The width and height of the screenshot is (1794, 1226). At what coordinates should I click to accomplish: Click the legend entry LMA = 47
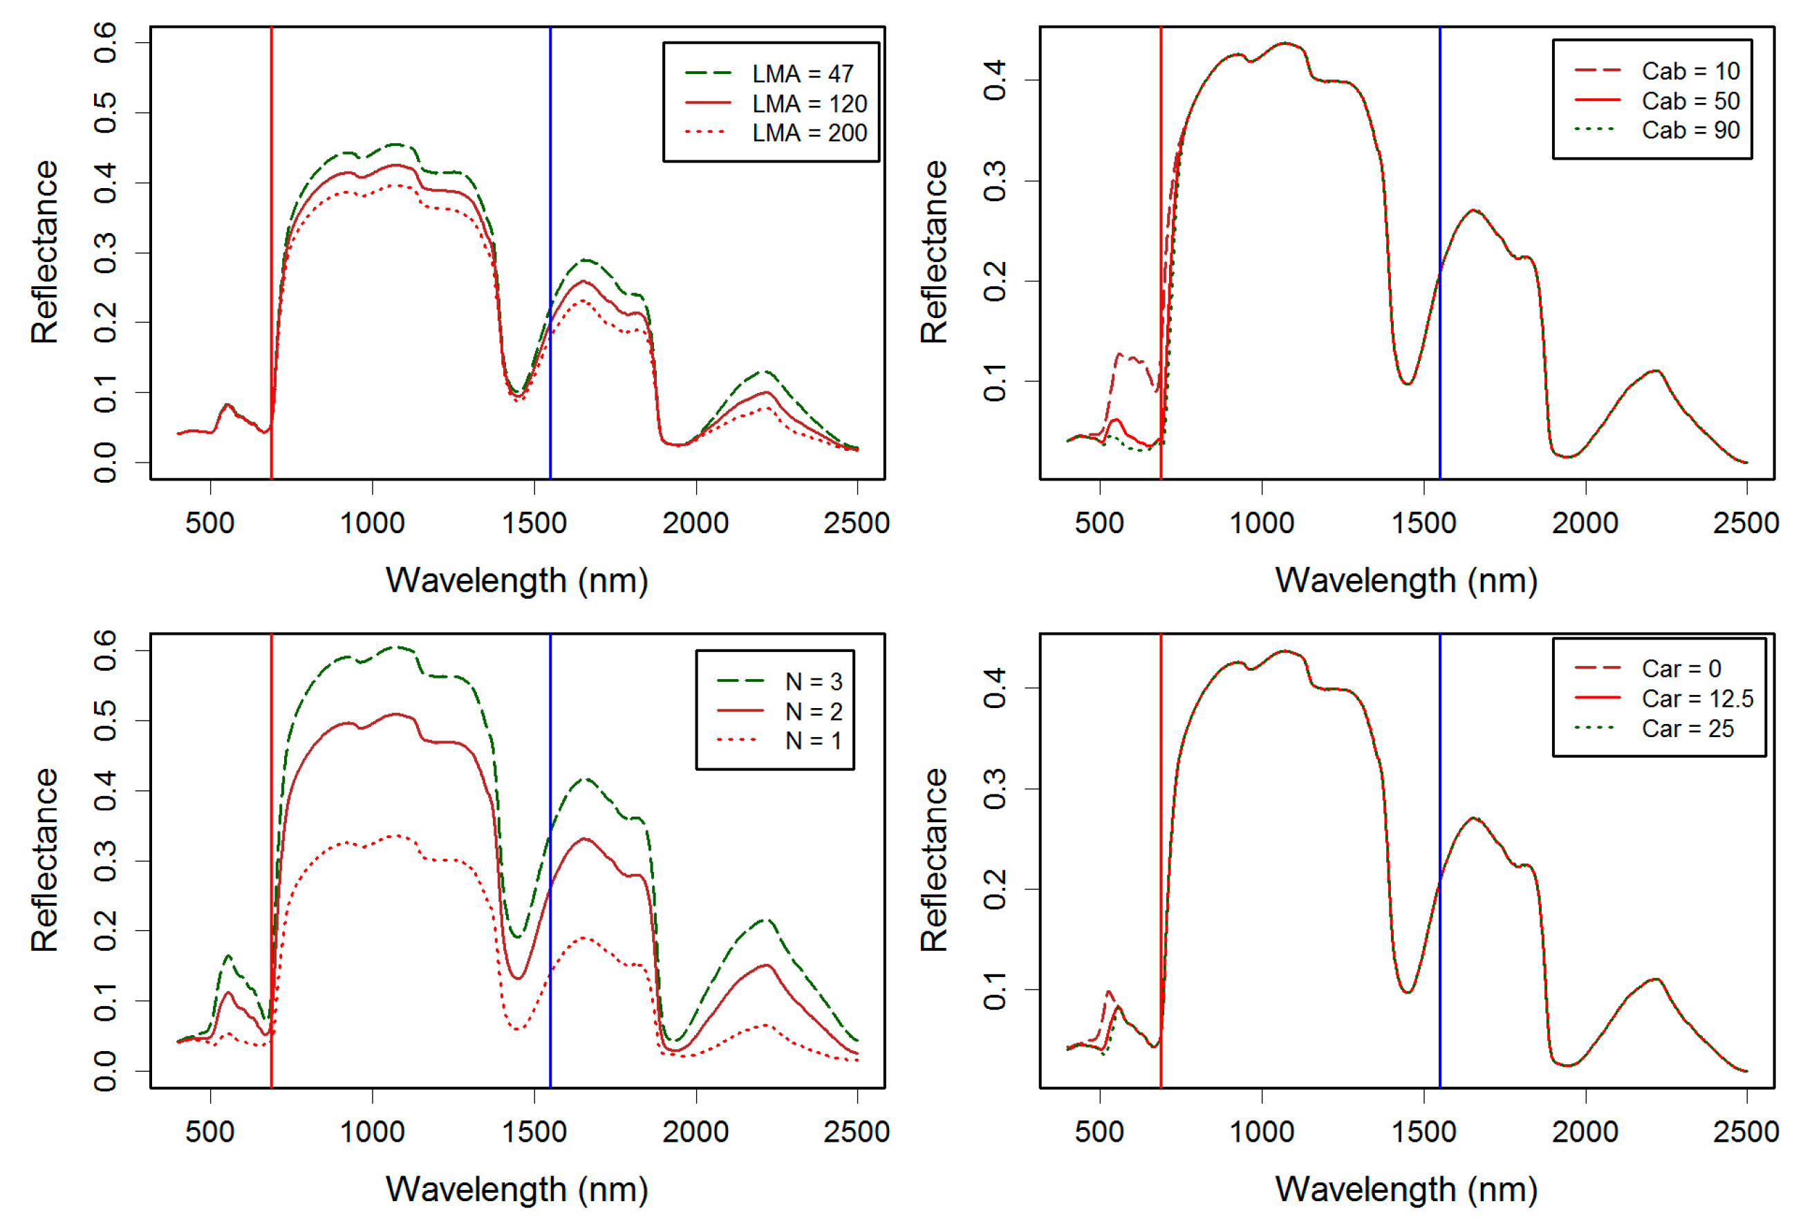coord(802,74)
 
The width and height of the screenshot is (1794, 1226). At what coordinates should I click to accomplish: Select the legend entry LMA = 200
coord(808,133)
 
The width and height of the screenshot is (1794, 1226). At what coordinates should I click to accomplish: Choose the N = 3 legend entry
coord(813,682)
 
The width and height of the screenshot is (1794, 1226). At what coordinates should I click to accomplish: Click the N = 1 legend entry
coord(813,741)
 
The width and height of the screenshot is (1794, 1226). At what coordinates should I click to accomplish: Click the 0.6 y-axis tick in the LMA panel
coord(106,42)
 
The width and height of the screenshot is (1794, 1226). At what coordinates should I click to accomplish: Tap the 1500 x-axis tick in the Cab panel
coord(1423,523)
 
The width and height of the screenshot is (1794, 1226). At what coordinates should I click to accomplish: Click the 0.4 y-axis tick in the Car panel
coord(995,688)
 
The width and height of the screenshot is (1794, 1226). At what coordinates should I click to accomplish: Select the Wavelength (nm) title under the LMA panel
coord(516,581)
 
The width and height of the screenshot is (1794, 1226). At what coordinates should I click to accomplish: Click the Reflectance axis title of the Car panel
coord(933,860)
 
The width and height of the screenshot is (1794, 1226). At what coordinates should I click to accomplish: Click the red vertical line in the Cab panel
coord(1160,232)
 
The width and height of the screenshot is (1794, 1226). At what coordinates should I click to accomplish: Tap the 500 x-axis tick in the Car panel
coord(1099,1132)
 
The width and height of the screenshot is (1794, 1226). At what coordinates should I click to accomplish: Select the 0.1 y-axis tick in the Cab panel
coord(995,382)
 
